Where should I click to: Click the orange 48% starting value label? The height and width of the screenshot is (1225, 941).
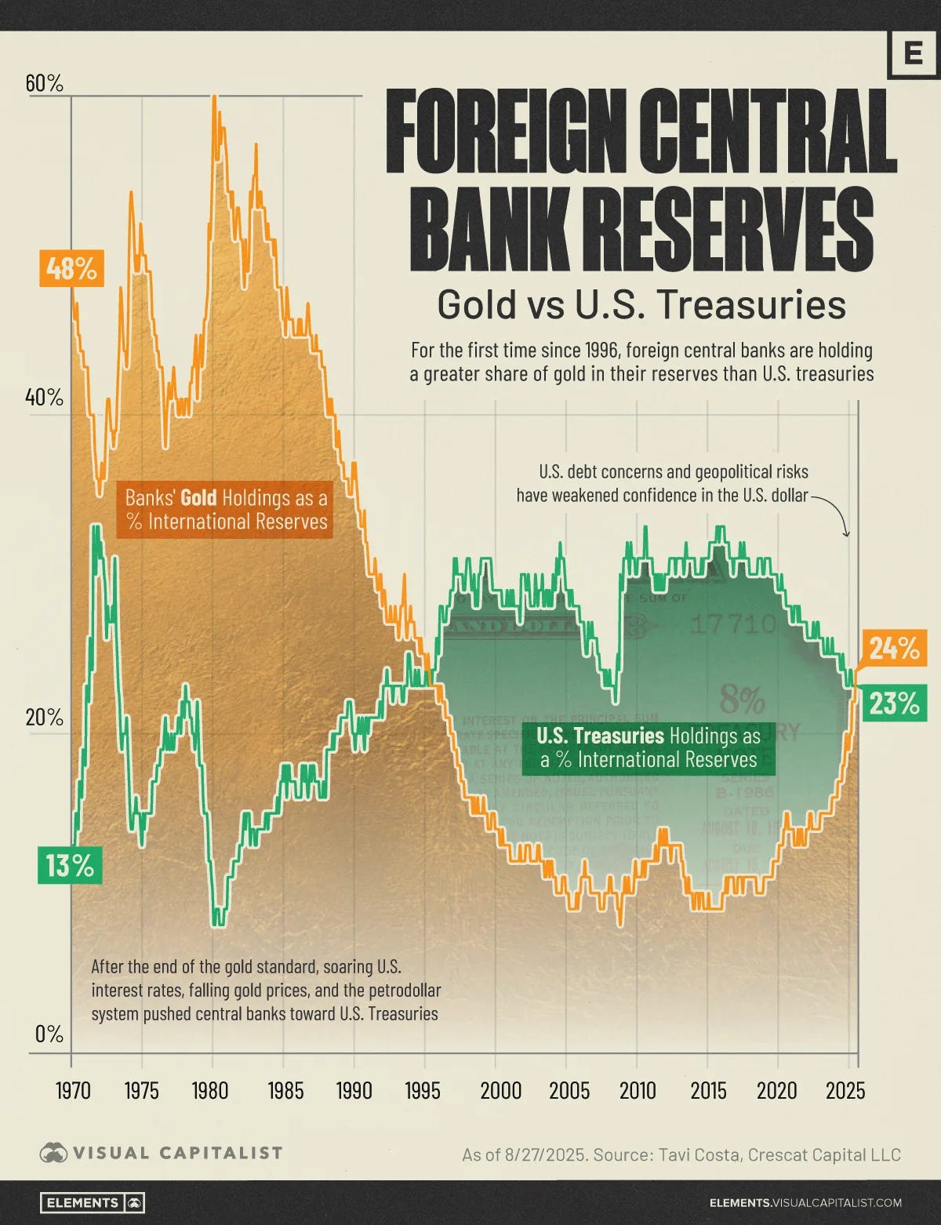click(71, 270)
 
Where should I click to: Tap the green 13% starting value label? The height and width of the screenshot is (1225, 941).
click(70, 866)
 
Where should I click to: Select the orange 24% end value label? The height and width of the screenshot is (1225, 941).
click(893, 648)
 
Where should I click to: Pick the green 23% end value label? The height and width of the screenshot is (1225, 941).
click(893, 703)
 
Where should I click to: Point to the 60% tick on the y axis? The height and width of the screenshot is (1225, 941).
click(45, 83)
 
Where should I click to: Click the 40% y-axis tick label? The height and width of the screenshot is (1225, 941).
click(45, 398)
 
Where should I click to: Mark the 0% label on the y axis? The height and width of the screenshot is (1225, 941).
click(49, 1034)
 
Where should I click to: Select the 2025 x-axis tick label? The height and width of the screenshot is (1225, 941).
click(845, 1090)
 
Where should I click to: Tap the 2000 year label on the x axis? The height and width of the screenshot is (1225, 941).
click(500, 1090)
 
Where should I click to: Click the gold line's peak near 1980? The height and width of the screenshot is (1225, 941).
click(213, 97)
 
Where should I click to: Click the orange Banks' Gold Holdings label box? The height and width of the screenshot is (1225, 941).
click(226, 510)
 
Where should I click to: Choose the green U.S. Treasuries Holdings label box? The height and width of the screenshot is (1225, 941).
click(649, 747)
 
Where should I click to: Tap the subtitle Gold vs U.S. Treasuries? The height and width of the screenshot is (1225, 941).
click(641, 304)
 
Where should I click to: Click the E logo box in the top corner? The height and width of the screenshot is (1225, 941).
click(913, 54)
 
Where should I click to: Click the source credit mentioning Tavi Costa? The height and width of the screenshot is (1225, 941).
click(681, 1154)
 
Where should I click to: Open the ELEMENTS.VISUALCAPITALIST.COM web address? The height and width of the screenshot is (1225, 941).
click(805, 1202)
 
